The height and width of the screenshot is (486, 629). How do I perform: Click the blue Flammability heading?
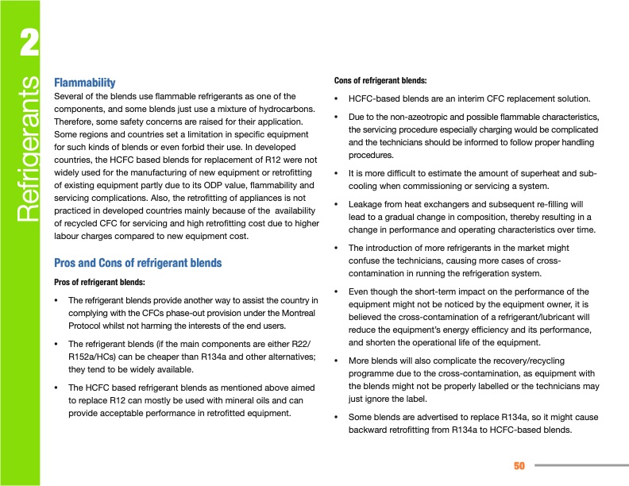(84, 83)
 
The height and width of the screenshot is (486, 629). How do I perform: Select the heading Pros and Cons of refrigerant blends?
(137, 263)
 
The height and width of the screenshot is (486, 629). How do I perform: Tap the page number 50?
(520, 465)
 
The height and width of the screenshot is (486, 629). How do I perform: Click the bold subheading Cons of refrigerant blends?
(380, 80)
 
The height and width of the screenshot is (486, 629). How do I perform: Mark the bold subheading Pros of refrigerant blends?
(99, 282)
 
